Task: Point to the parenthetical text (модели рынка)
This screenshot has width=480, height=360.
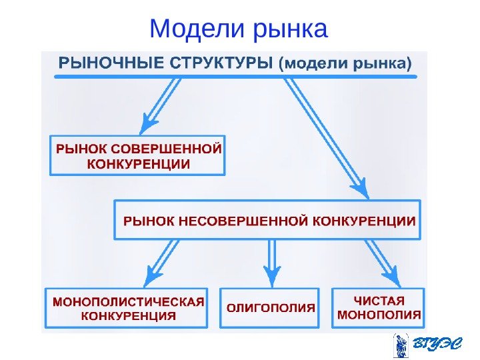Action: pyautogui.click(x=345, y=65)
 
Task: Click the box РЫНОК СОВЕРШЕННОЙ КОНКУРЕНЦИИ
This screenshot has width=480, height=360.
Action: pyautogui.click(x=138, y=155)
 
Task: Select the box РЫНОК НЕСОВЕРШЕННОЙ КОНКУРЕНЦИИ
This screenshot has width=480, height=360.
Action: pyautogui.click(x=268, y=220)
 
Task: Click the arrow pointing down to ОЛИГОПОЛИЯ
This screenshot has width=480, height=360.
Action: pyautogui.click(x=271, y=263)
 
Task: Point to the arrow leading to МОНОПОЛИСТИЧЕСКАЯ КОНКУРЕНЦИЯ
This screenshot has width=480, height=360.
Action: pyautogui.click(x=163, y=262)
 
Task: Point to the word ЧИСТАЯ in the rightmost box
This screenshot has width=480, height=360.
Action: pyautogui.click(x=379, y=300)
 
